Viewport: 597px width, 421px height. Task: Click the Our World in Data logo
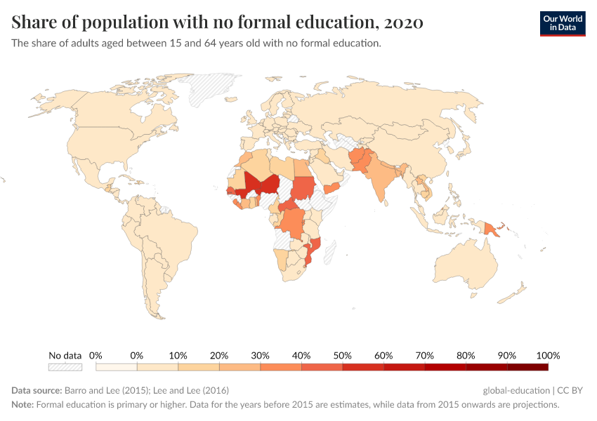point(562,23)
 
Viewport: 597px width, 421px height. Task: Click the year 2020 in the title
point(404,22)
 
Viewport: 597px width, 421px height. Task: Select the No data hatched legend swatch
point(65,366)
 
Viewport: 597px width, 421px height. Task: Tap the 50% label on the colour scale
point(342,355)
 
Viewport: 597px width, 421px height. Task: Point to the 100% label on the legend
point(548,355)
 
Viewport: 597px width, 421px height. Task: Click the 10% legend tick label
point(178,355)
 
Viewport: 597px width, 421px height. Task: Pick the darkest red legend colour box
point(527,366)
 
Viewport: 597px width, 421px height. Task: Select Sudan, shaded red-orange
point(304,186)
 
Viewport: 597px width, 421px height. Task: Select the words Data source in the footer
point(37,390)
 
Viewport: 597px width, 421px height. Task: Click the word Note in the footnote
point(22,405)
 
